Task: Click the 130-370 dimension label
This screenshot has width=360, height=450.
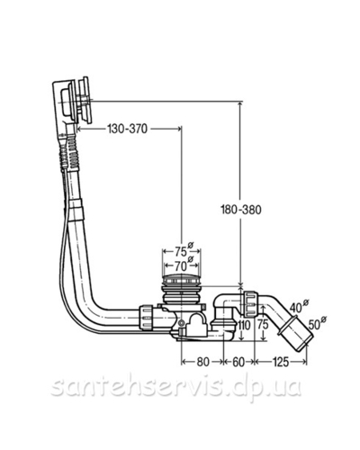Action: pos(128,129)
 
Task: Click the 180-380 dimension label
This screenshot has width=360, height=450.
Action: pos(241,210)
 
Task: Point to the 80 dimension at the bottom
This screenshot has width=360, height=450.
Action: pos(202,362)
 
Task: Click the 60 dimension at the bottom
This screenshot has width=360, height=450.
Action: pos(238,362)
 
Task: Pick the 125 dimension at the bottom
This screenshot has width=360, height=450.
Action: pos(281,362)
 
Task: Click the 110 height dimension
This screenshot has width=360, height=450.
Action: pos(244,325)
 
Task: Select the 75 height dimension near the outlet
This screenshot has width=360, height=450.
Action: pos(263,325)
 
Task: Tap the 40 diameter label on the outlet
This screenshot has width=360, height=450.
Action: pos(296,307)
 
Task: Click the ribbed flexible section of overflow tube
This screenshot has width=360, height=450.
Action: pos(68,152)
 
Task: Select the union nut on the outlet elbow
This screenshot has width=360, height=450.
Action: pos(251,303)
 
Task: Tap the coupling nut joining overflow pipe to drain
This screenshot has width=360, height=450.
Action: pos(146,318)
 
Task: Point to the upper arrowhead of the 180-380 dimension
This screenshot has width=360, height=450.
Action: pos(239,104)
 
